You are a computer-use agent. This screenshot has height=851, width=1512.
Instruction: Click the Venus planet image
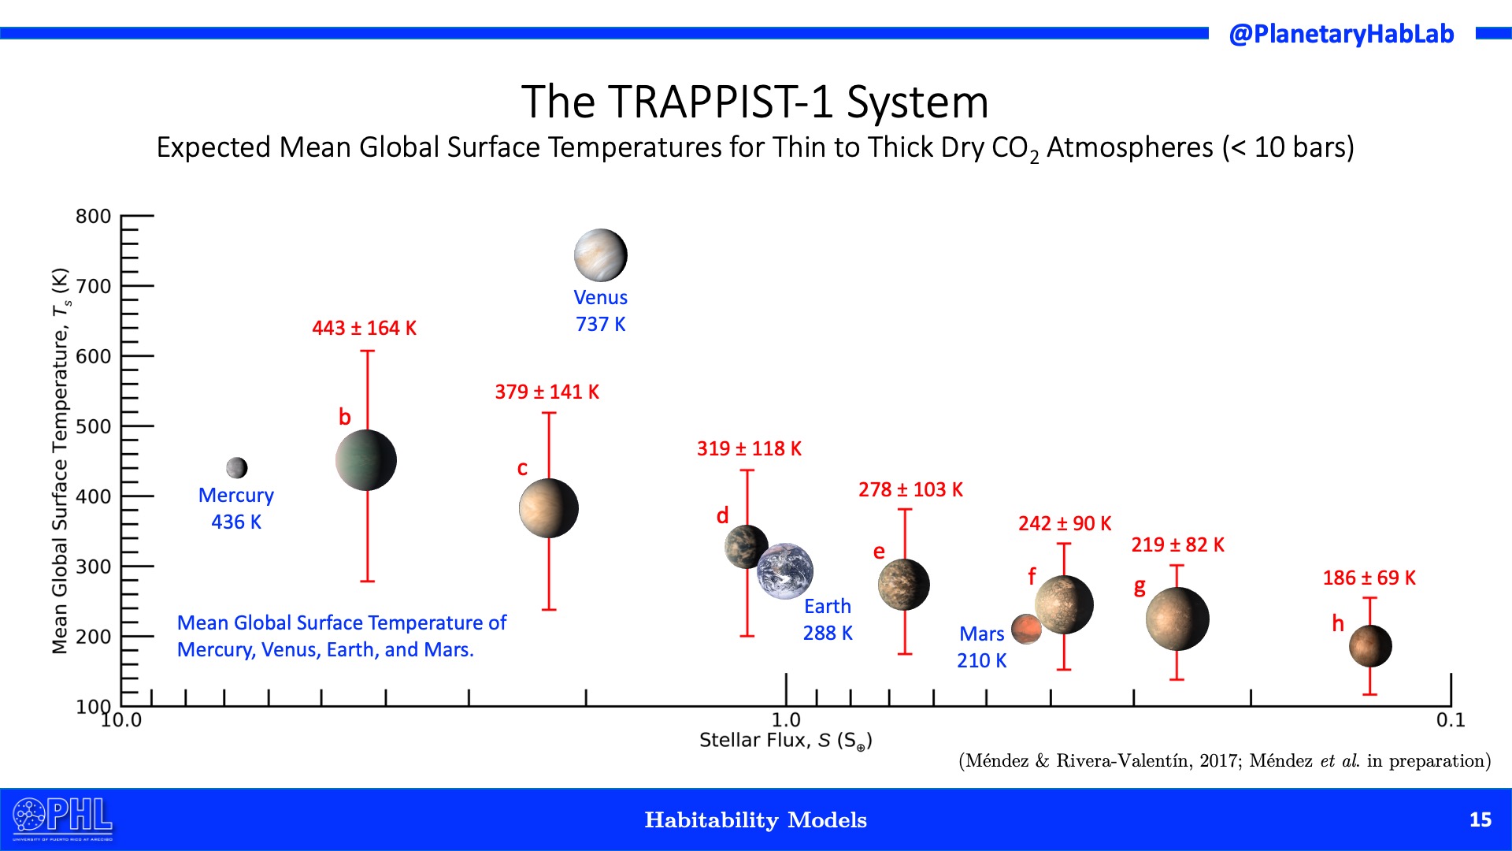point(600,255)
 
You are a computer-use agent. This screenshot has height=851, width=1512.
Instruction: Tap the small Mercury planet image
point(236,468)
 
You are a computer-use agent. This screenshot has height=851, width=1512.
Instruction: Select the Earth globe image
point(785,570)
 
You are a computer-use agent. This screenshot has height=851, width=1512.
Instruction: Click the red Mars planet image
point(1026,630)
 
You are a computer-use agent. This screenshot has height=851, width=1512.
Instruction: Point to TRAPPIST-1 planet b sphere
point(366,460)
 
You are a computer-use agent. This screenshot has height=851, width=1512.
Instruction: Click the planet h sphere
point(1370,646)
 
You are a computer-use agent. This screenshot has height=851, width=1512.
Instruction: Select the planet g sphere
point(1177,619)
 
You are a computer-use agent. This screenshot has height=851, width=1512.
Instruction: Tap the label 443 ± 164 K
point(364,328)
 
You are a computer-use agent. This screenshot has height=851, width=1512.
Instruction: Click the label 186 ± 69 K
point(1369,578)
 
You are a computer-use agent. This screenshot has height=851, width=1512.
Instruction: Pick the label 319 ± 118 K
point(749,448)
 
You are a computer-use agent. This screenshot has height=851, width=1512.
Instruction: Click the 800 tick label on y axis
point(93,216)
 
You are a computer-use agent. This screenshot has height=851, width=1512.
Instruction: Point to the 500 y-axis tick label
point(93,426)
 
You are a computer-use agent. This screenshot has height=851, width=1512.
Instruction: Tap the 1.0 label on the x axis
point(786,719)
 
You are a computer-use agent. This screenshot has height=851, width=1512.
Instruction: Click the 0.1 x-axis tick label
point(1450,719)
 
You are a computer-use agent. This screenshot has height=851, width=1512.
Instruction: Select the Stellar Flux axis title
point(785,741)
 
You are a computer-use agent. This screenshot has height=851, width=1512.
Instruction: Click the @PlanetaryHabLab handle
point(1341,34)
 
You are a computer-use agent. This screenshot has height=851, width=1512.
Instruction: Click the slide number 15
point(1480,819)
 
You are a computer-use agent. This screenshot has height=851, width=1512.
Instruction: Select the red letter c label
point(522,468)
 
